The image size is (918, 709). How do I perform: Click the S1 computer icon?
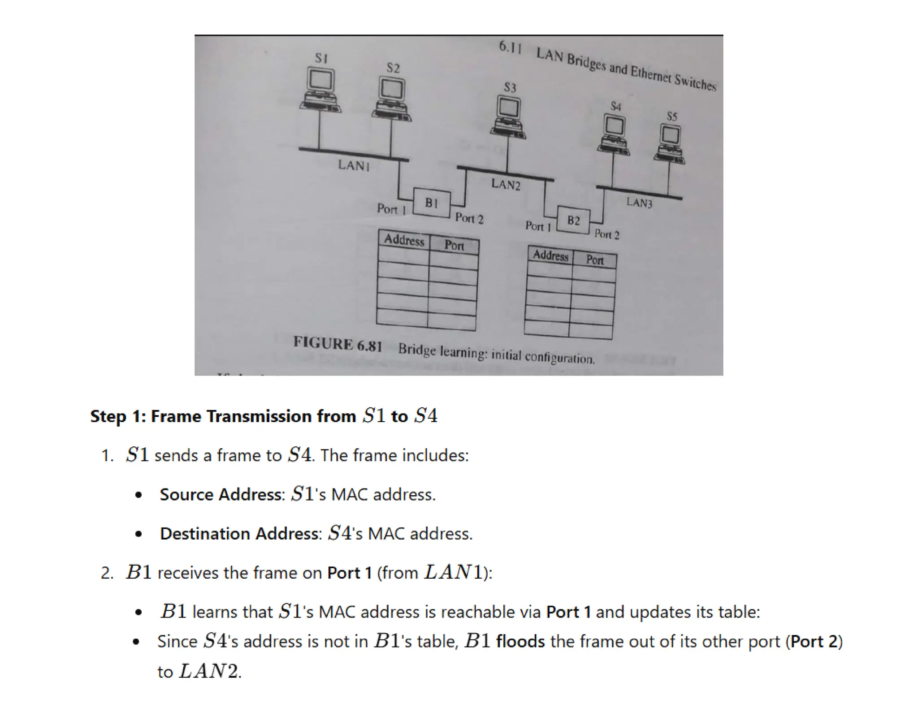click(x=320, y=90)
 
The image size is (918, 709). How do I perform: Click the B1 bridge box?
click(x=431, y=203)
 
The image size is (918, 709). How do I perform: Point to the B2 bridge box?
click(x=573, y=220)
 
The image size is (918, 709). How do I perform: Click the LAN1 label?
click(x=354, y=165)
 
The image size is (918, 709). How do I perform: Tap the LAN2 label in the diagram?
click(x=506, y=184)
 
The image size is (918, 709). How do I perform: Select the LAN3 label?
click(x=639, y=203)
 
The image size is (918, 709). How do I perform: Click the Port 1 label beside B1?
click(x=391, y=209)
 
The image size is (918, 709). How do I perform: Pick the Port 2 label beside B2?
click(x=607, y=234)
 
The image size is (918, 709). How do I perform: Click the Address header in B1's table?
click(x=404, y=240)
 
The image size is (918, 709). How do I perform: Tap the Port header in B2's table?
click(x=595, y=260)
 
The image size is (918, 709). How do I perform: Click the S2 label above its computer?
click(x=393, y=68)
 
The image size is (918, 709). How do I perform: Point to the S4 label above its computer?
click(x=616, y=106)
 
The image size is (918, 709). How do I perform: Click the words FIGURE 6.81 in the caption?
click(x=338, y=344)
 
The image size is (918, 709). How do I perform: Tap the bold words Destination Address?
click(x=239, y=534)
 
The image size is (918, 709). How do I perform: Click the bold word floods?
click(x=520, y=642)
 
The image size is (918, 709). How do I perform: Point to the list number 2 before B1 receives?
click(x=106, y=573)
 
